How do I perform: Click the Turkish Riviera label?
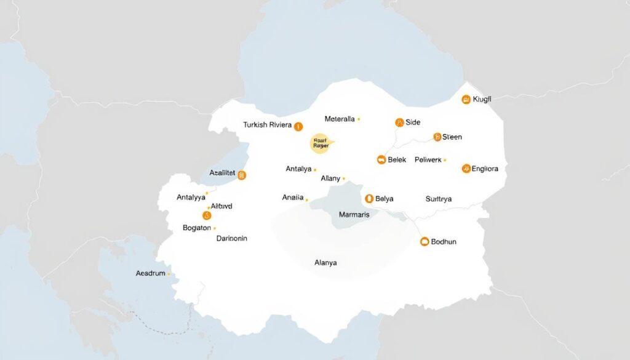(x=267, y=125)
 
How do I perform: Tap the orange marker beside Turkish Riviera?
(x=298, y=127)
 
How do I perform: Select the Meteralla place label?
(x=339, y=119)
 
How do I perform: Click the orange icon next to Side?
(x=399, y=122)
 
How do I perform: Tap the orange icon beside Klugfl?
(x=466, y=99)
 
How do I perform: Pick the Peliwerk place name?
(x=420, y=160)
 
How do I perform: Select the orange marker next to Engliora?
(x=466, y=168)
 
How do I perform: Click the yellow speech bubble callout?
(x=322, y=143)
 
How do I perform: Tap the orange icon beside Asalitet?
(x=242, y=175)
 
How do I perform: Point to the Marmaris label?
(x=354, y=215)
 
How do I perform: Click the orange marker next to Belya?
(x=369, y=198)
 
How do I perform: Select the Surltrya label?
(x=439, y=199)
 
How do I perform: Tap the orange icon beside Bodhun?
(x=424, y=242)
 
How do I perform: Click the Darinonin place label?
(x=232, y=238)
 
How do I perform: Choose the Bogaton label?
(x=197, y=228)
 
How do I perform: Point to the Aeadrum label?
(x=150, y=273)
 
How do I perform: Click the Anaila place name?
(x=293, y=198)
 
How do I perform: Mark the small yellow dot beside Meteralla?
(x=359, y=119)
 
